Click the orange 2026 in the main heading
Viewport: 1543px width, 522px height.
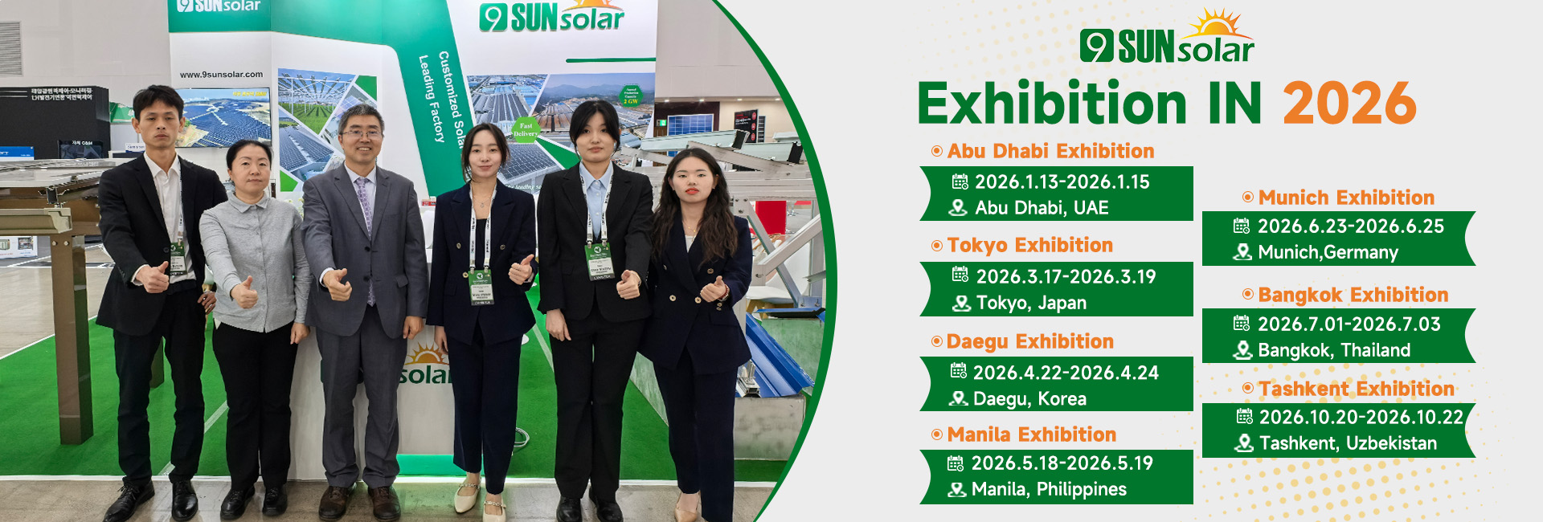(1349, 104)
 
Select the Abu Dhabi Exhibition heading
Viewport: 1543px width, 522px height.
(1050, 151)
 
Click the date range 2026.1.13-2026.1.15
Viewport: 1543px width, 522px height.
(1062, 182)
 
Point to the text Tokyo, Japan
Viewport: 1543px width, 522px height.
(1031, 304)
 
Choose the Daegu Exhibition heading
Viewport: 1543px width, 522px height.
(1029, 341)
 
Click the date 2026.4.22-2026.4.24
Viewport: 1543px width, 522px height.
(1066, 373)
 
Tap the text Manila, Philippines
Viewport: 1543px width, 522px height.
(1049, 489)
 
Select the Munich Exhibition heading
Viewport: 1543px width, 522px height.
(1346, 198)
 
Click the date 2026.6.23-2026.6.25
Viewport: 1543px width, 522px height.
(1350, 226)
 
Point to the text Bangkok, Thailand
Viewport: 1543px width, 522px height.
(1334, 350)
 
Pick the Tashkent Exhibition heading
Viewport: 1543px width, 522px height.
(1357, 389)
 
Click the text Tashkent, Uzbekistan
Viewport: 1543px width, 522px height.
(1348, 443)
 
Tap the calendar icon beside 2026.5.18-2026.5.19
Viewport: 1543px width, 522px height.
(956, 463)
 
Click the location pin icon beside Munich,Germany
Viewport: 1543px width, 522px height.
(1242, 252)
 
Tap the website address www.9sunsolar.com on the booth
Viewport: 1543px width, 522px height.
(221, 75)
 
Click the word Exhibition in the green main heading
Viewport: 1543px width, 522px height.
(1052, 104)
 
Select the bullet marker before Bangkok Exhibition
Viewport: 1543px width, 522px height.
(1247, 295)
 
